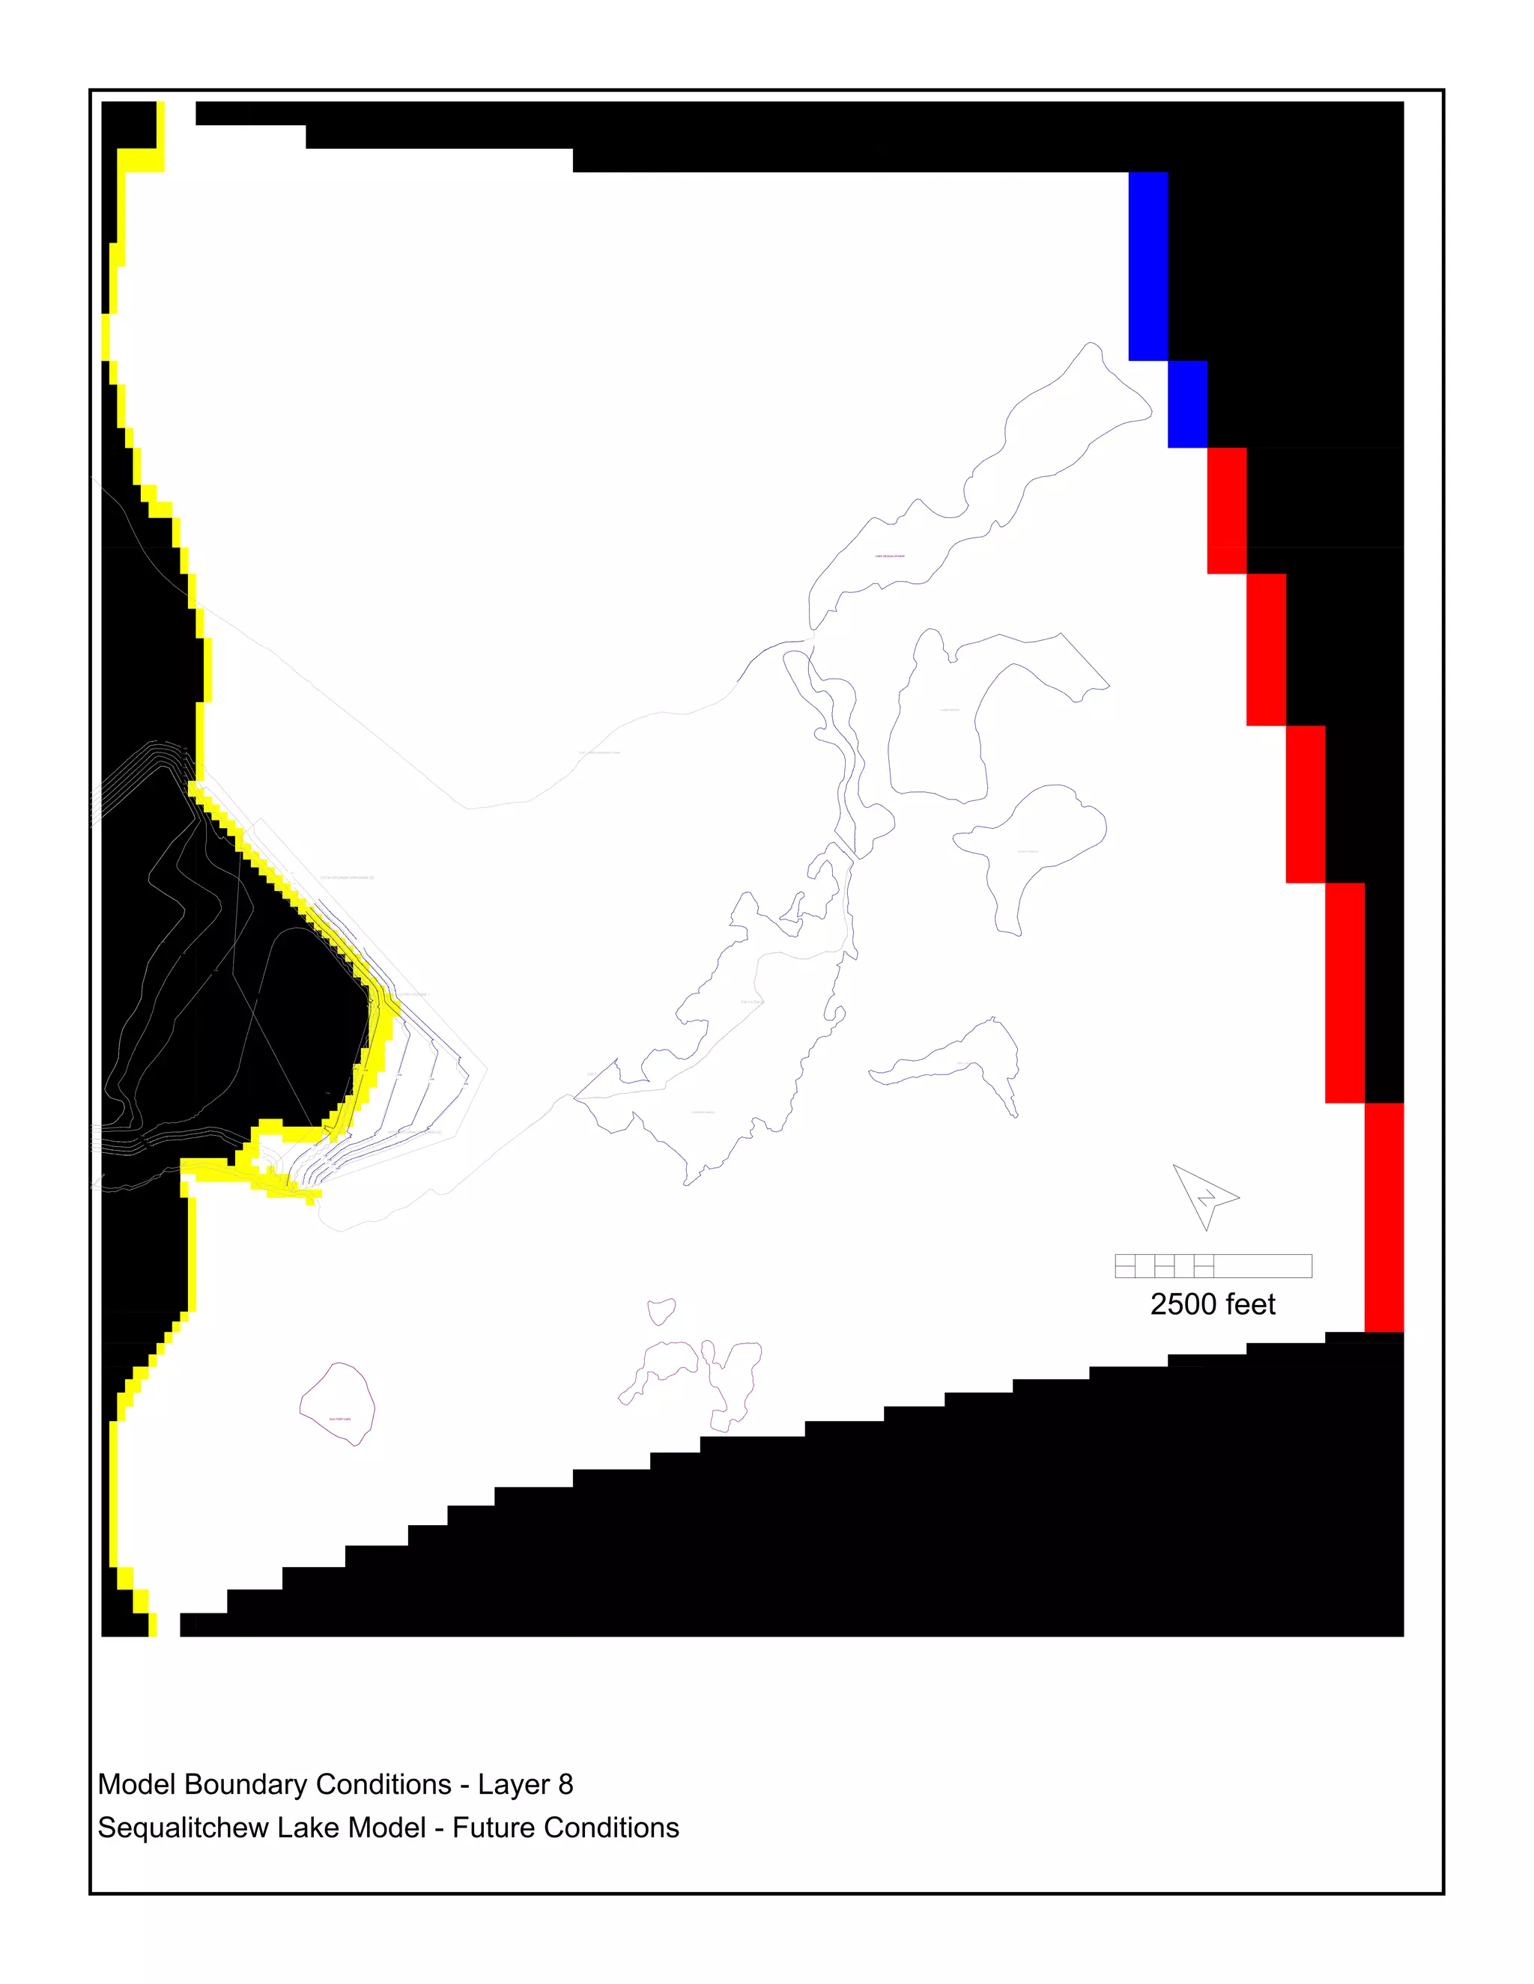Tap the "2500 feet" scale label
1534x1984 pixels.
point(1213,1304)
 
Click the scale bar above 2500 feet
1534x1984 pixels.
point(1213,1265)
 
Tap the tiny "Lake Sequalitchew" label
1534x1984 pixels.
point(890,556)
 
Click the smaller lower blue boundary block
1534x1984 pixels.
point(1187,404)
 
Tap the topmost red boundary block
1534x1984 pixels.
point(1226,510)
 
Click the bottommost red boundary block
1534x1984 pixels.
point(1383,1217)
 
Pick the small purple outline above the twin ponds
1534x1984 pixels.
point(661,1312)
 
